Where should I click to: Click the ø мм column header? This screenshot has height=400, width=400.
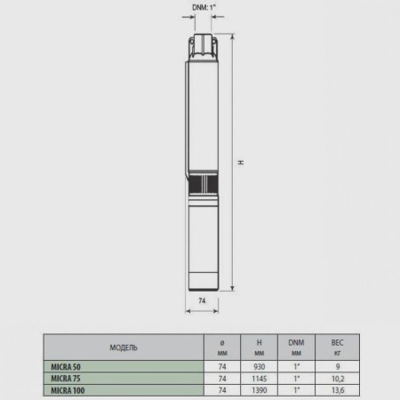(x=220, y=347)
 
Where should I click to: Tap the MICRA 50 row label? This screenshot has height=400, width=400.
(x=67, y=365)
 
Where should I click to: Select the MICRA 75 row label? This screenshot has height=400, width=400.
(x=67, y=378)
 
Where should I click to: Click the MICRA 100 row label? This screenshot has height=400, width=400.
(x=68, y=389)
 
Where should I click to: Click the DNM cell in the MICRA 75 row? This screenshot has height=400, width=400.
(x=296, y=378)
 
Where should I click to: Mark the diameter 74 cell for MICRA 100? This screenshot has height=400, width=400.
(x=220, y=389)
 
